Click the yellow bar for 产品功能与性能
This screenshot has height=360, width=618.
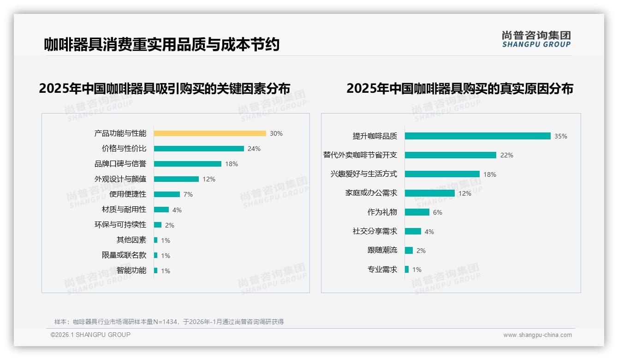(x=210, y=133)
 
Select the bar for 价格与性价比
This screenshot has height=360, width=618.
(x=199, y=149)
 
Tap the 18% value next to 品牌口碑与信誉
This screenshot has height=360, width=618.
(x=232, y=164)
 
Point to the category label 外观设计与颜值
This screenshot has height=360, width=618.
(x=120, y=179)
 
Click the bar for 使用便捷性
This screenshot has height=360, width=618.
(x=167, y=194)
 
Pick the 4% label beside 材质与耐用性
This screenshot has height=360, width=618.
(x=177, y=210)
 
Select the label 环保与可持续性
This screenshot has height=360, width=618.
(x=120, y=225)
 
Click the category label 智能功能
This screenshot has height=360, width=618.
(x=131, y=270)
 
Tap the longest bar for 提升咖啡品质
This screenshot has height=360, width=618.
(x=478, y=136)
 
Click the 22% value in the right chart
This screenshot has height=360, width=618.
(x=506, y=155)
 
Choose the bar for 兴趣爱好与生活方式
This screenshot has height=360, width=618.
(x=442, y=174)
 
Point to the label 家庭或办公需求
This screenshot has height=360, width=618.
(x=371, y=193)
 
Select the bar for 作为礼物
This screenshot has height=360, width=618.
(x=417, y=212)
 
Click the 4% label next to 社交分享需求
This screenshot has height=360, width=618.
(x=429, y=232)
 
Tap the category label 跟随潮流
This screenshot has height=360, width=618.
(x=382, y=250)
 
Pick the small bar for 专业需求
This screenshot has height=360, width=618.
(x=407, y=269)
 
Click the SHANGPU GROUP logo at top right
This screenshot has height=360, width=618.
(x=536, y=39)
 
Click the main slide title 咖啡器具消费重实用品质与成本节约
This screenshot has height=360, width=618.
(x=162, y=45)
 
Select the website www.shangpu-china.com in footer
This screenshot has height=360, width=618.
(x=537, y=335)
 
